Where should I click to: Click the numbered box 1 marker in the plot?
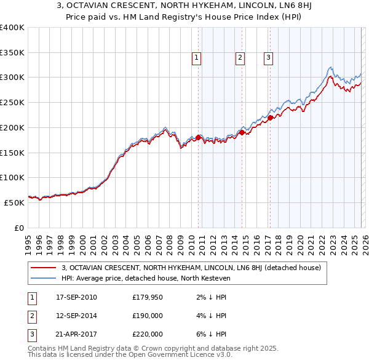click(196, 58)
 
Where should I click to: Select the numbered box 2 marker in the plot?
click(239, 58)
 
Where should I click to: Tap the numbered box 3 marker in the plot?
click(268, 58)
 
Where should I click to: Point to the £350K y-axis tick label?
click(12, 53)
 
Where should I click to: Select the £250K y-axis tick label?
click(12, 103)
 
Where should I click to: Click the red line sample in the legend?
click(44, 268)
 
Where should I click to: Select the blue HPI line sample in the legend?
click(44, 278)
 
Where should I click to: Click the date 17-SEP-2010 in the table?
click(76, 298)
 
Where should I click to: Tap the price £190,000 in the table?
click(148, 316)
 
